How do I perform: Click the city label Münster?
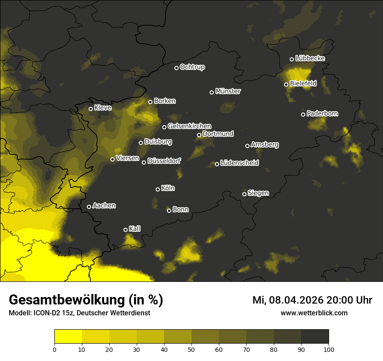click(x=228, y=91)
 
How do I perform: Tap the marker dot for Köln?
click(x=158, y=189)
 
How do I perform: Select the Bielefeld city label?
click(x=303, y=83)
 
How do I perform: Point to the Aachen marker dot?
click(x=89, y=207)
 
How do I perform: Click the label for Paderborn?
click(x=322, y=114)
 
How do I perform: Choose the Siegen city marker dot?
click(x=244, y=194)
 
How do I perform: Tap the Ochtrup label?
click(x=192, y=67)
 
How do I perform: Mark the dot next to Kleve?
click(x=91, y=109)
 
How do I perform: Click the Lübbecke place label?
click(x=310, y=58)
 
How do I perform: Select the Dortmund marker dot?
click(x=199, y=135)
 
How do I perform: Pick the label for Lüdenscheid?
click(x=239, y=163)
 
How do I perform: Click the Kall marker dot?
click(x=125, y=230)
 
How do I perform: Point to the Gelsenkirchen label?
click(x=189, y=126)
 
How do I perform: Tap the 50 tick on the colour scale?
click(x=191, y=349)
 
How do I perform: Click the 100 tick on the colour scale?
click(x=329, y=349)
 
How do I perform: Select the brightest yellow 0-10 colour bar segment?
click(x=68, y=337)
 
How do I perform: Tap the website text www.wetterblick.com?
click(x=314, y=313)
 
